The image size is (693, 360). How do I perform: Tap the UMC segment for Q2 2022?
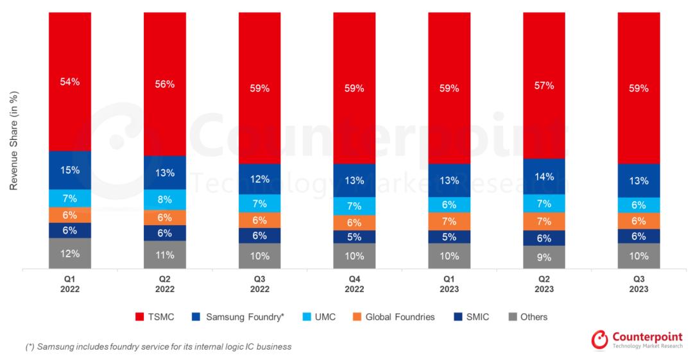164,200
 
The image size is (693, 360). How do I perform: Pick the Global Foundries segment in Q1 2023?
449,221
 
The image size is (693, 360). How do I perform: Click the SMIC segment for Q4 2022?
354,237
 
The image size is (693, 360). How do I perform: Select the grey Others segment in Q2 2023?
544,257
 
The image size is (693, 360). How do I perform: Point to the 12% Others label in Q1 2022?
70,253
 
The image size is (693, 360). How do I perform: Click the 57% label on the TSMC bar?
544,85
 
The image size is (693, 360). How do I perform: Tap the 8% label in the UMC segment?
164,200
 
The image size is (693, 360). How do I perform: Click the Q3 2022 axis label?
259,284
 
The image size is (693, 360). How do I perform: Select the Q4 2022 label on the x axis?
354,284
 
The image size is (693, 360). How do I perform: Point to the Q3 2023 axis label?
639,284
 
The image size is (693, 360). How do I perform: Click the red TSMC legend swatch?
139,317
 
